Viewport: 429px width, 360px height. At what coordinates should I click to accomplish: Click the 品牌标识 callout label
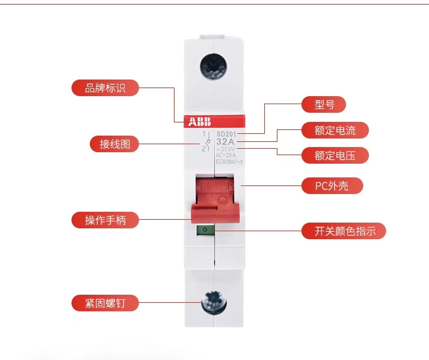coord(105,88)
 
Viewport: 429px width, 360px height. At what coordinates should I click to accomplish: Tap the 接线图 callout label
coord(114,144)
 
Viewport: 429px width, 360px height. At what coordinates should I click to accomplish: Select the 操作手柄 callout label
coord(105,220)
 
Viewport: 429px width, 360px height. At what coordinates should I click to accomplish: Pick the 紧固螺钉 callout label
coord(105,303)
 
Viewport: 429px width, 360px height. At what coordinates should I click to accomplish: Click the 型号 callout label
coord(324,104)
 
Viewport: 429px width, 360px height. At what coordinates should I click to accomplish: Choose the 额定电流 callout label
coord(335,130)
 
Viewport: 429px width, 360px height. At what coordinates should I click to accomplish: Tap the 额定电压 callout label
coord(335,155)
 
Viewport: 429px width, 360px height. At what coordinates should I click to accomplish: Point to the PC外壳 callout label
coord(332,185)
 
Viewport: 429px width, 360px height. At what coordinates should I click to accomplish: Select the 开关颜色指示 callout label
coord(344,231)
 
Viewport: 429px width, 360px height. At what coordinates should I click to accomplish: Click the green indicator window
coord(205,230)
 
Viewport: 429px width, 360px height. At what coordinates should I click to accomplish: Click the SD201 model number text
coord(227,133)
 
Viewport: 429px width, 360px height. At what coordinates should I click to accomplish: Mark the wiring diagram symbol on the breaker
coord(204,141)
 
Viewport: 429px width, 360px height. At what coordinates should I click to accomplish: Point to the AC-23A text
coord(226,155)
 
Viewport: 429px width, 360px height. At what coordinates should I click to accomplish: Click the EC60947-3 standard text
coord(229,161)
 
